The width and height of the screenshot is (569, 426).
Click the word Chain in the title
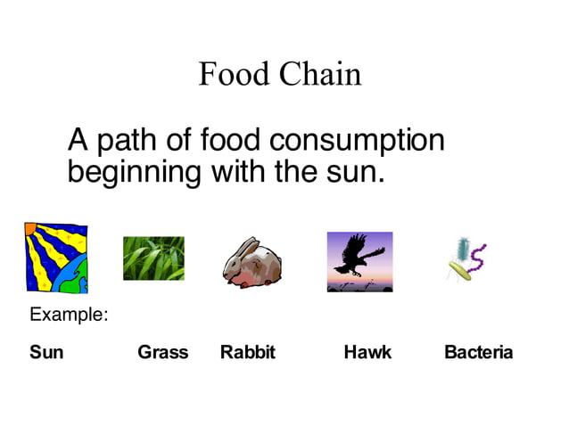[320, 73]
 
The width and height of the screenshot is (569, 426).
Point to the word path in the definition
[125, 141]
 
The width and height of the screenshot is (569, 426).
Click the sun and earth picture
[56, 258]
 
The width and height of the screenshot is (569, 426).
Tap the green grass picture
[153, 258]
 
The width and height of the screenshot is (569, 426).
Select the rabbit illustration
[252, 263]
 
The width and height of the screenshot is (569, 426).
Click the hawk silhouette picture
[359, 261]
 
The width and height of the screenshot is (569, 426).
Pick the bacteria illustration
[466, 259]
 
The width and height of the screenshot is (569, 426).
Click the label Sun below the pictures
[46, 352]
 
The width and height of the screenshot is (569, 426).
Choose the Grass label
[162, 352]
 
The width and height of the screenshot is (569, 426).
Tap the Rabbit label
[248, 352]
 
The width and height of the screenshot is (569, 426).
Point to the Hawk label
[367, 352]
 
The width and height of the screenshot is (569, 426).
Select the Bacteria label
[478, 352]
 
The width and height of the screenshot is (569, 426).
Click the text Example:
[69, 315]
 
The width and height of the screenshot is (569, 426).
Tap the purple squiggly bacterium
[477, 258]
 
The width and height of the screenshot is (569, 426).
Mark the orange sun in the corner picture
[31, 230]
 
